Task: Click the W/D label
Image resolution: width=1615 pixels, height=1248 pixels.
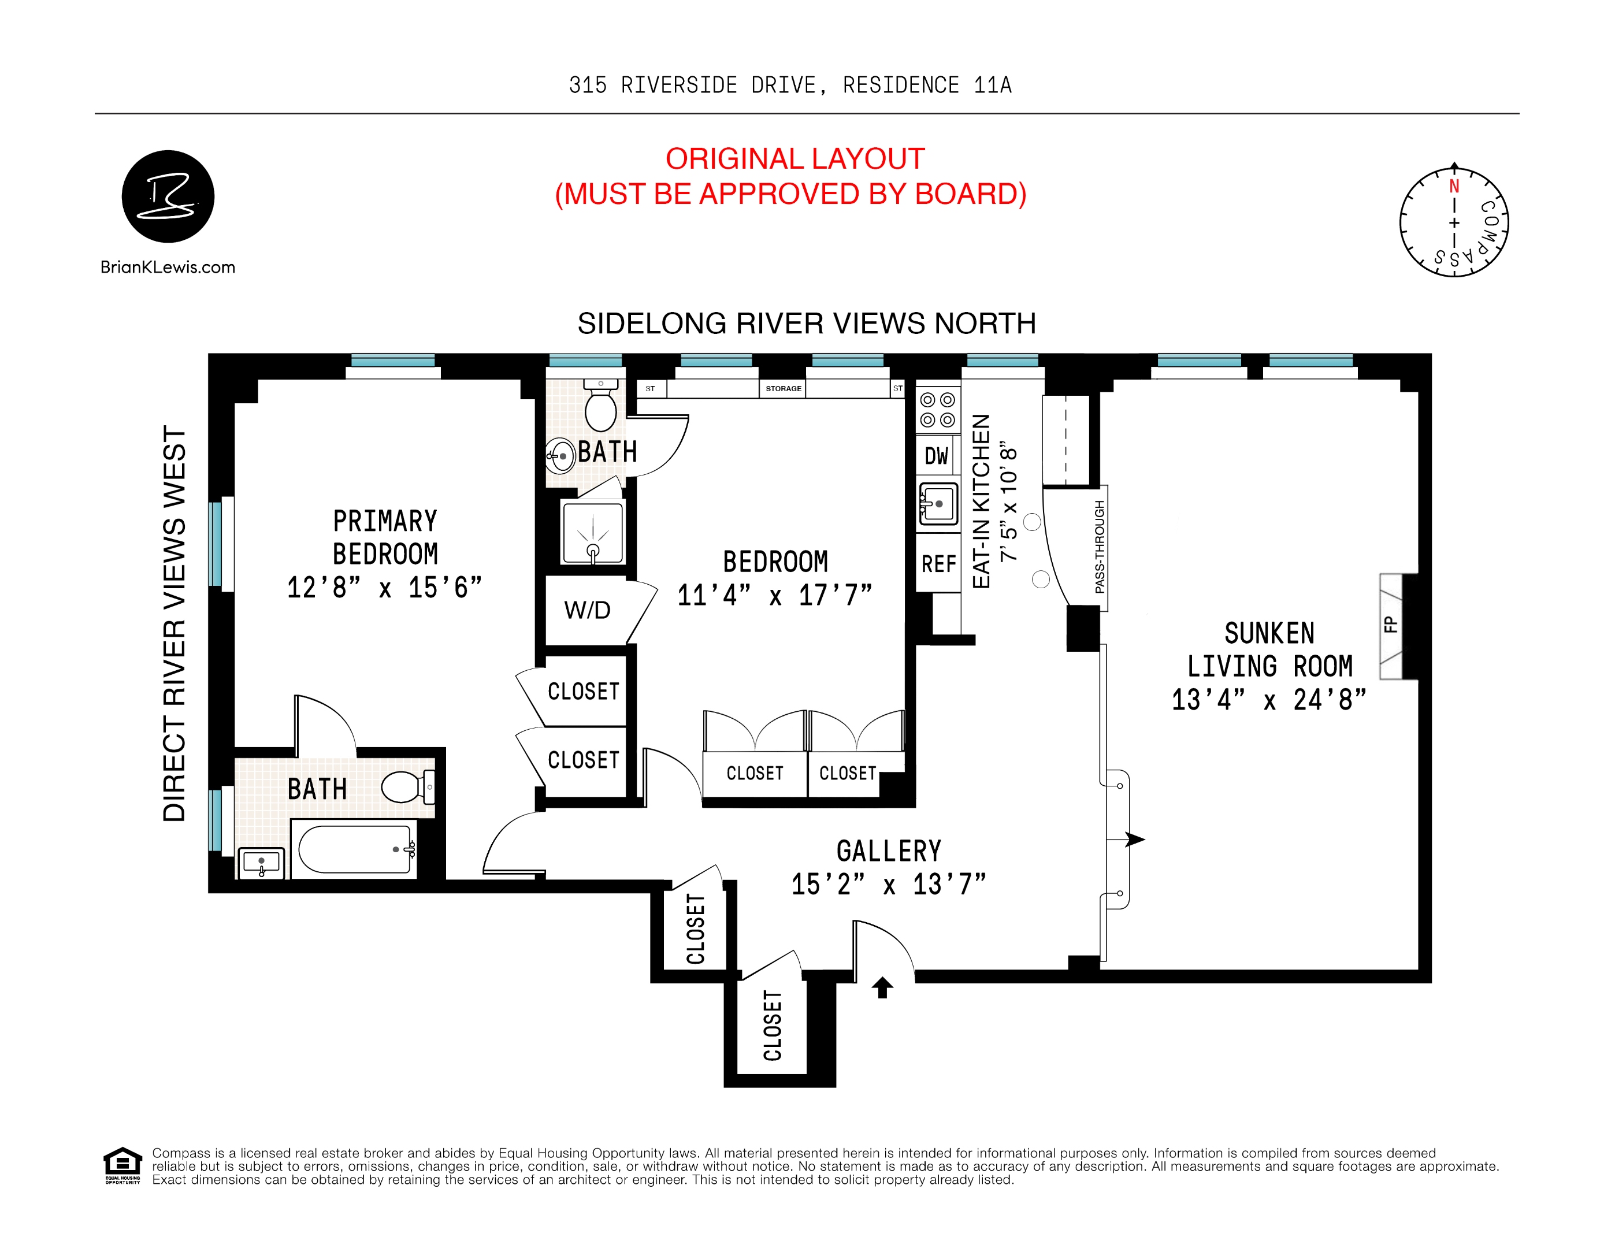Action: pos(587,610)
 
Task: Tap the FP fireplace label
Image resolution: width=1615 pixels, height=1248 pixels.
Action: pos(1391,625)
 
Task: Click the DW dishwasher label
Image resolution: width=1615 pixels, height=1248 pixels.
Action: pos(936,456)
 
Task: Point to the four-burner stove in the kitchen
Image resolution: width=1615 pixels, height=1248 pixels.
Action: pos(938,410)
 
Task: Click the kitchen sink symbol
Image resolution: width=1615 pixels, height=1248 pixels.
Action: pos(938,503)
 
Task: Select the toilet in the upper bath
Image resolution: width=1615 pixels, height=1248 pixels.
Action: pos(600,407)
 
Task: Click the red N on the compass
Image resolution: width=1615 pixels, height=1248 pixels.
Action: pos(1454,186)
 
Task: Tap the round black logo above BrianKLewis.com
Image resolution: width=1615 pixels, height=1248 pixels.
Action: pos(168,196)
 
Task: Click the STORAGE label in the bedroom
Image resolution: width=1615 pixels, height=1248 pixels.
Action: pos(783,388)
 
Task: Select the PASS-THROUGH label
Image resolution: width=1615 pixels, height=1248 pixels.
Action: pos(1100,547)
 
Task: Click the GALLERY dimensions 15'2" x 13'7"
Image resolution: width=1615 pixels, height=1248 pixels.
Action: pos(889,884)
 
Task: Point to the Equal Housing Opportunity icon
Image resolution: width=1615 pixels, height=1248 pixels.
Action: pos(122,1165)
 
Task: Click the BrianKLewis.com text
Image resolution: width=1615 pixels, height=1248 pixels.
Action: pos(168,267)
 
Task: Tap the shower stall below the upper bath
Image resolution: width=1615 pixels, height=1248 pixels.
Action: pos(592,532)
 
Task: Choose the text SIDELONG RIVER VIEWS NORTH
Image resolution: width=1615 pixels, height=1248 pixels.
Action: pos(806,323)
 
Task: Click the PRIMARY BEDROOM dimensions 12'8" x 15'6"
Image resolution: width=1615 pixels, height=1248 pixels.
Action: pos(384,588)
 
